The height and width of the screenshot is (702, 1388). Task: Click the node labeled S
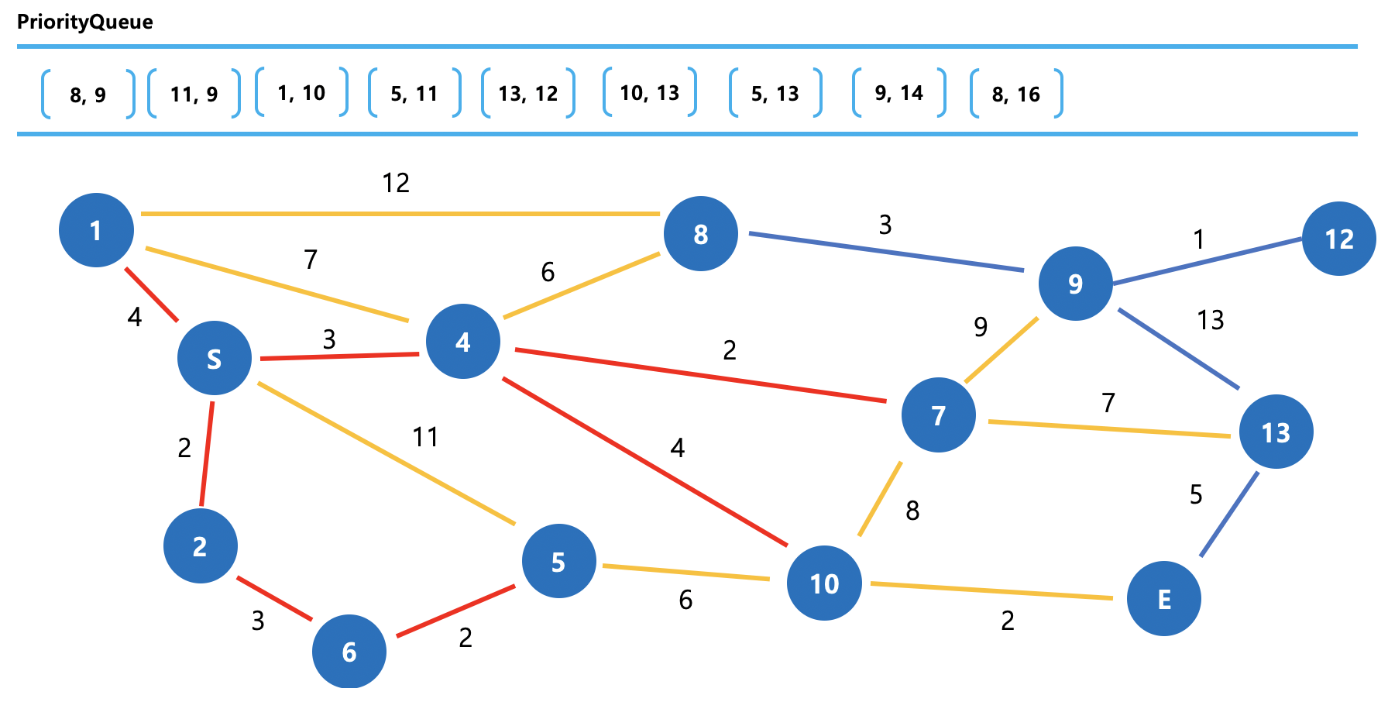pos(215,358)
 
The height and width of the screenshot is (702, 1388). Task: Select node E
pos(1163,599)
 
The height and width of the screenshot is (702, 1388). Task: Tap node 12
pos(1338,239)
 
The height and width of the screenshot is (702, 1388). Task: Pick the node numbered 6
pos(349,652)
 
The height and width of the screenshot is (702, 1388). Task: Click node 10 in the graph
pos(824,583)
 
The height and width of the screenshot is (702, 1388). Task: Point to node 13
pos(1276,432)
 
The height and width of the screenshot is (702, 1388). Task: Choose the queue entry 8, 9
pos(88,95)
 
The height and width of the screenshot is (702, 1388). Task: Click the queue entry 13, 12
pos(528,94)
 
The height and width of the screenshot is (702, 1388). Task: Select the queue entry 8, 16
pos(1016,95)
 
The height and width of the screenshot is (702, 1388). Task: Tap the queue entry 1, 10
pos(301,93)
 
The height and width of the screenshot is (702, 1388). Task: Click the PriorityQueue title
pos(85,22)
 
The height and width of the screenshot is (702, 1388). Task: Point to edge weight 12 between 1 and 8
pos(396,183)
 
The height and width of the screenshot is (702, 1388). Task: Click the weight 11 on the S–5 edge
pos(425,437)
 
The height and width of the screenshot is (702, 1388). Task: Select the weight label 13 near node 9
pos(1210,320)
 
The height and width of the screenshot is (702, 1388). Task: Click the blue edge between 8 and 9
pos(886,252)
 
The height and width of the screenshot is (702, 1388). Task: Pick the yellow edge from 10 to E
pos(991,590)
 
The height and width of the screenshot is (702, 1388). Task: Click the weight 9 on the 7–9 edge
pos(981,327)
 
